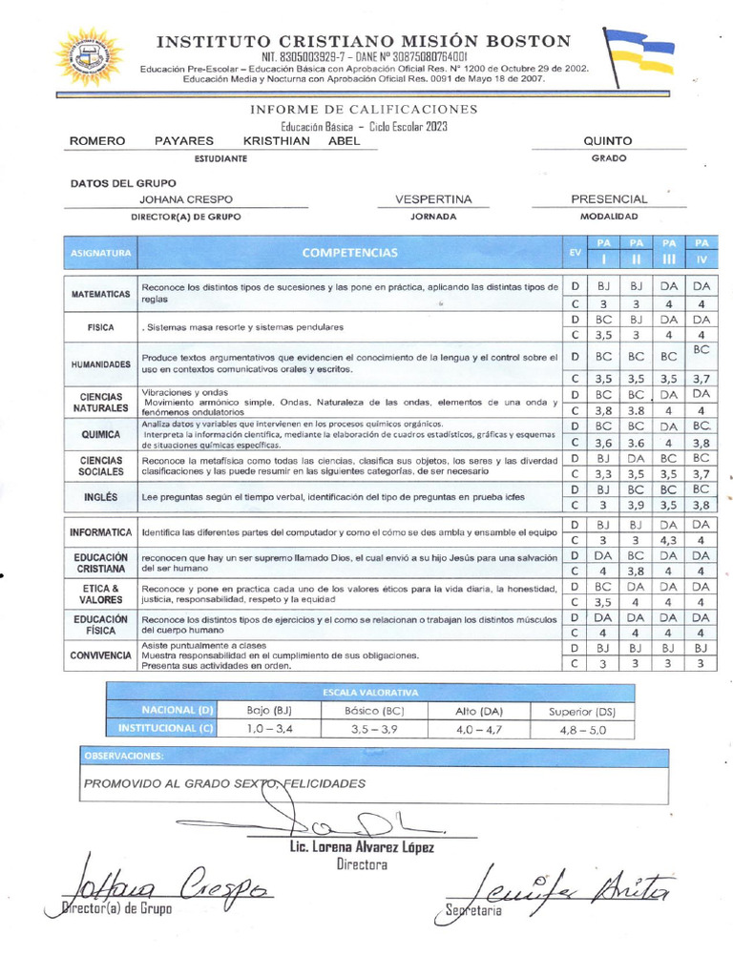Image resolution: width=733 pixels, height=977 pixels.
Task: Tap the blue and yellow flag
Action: [x=639, y=54]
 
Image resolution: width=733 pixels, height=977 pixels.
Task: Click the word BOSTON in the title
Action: [x=523, y=41]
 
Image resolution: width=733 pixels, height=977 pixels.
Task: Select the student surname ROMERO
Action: [x=98, y=140]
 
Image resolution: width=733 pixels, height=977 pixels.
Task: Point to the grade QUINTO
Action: [x=608, y=140]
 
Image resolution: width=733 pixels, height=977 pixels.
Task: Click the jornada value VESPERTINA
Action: [x=433, y=199]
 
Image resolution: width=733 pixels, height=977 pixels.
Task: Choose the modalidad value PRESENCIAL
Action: [x=609, y=199]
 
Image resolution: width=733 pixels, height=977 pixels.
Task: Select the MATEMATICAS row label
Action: [x=100, y=294]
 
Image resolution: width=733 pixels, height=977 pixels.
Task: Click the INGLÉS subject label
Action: [x=100, y=497]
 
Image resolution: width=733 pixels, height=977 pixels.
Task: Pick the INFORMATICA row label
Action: [x=100, y=531]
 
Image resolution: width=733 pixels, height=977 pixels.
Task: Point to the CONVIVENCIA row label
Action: [x=100, y=655]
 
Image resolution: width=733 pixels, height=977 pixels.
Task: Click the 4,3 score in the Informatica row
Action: [x=669, y=540]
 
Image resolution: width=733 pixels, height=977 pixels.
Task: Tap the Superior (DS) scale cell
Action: [x=582, y=711]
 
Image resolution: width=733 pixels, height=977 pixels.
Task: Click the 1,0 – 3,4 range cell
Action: [x=269, y=730]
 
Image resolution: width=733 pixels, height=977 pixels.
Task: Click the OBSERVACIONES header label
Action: [x=124, y=756]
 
